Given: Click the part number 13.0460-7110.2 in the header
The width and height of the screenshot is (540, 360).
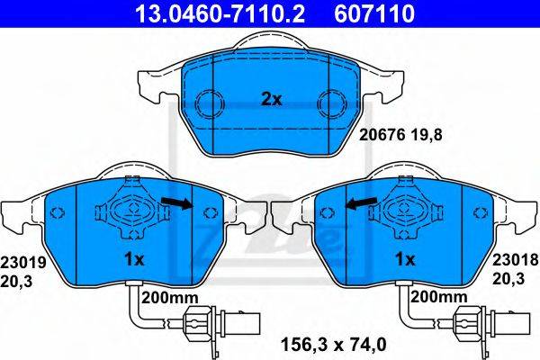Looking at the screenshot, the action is click(220, 13).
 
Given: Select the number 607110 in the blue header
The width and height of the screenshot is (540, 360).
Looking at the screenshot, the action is click(374, 13).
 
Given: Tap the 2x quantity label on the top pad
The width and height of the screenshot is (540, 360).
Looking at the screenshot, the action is click(272, 100).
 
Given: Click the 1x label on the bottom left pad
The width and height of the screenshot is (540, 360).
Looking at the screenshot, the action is click(133, 260).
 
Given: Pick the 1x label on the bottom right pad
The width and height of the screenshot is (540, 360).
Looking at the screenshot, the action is click(405, 260).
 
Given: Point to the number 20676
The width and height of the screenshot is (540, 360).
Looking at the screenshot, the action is click(382, 135).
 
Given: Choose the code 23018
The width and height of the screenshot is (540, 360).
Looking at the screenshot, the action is click(515, 260).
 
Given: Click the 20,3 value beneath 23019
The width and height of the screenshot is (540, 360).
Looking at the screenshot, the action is click(16, 282).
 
